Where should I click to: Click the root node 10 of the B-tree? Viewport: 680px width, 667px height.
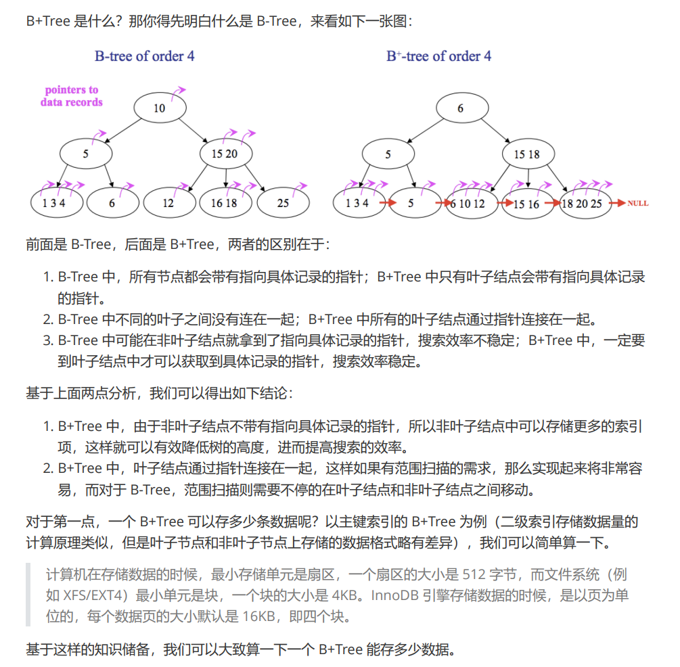159,108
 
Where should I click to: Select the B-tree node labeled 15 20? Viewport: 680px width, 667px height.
225,154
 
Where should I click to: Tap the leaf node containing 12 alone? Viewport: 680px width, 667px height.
168,202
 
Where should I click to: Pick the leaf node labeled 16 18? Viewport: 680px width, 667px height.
224,202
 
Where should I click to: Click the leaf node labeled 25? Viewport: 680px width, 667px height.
283,202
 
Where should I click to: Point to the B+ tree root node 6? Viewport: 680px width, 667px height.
461,108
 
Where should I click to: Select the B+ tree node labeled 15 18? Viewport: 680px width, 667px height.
527,154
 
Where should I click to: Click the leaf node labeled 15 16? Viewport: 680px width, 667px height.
526,203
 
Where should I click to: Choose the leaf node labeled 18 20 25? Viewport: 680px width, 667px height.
583,203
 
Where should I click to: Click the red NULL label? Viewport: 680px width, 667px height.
637,203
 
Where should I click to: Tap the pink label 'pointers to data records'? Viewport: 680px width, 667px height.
71,96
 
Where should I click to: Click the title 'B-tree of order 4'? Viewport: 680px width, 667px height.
145,56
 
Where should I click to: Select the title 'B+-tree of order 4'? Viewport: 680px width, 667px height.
439,56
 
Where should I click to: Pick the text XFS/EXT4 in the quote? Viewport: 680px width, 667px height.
96,596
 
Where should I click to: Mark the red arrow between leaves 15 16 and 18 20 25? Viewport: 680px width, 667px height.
553,203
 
